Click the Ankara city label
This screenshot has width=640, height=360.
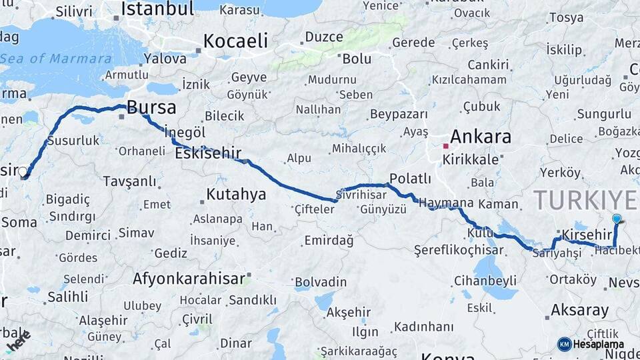pos(481,137)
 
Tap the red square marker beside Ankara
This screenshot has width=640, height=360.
pos(446,145)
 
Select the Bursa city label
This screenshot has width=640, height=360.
pos(151,107)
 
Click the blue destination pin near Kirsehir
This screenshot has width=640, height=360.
pos(617,219)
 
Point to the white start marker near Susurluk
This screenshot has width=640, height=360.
pos(23,172)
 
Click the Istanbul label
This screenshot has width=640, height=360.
pos(157,9)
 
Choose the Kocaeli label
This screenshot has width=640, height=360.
pos(235,41)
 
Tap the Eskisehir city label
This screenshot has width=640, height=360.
pos(207,154)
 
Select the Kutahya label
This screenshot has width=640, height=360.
pos(236,195)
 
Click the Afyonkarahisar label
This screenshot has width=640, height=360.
pos(189,279)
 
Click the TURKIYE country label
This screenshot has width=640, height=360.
pos(585,199)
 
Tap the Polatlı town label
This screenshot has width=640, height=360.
pos(410,179)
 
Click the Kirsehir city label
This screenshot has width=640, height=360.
pos(587,235)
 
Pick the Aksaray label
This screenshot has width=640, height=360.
pos(579,310)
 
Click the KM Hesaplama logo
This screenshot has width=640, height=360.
pos(591,344)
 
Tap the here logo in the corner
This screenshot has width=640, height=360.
pos(18,341)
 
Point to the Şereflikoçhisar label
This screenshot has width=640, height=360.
pos(459,250)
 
